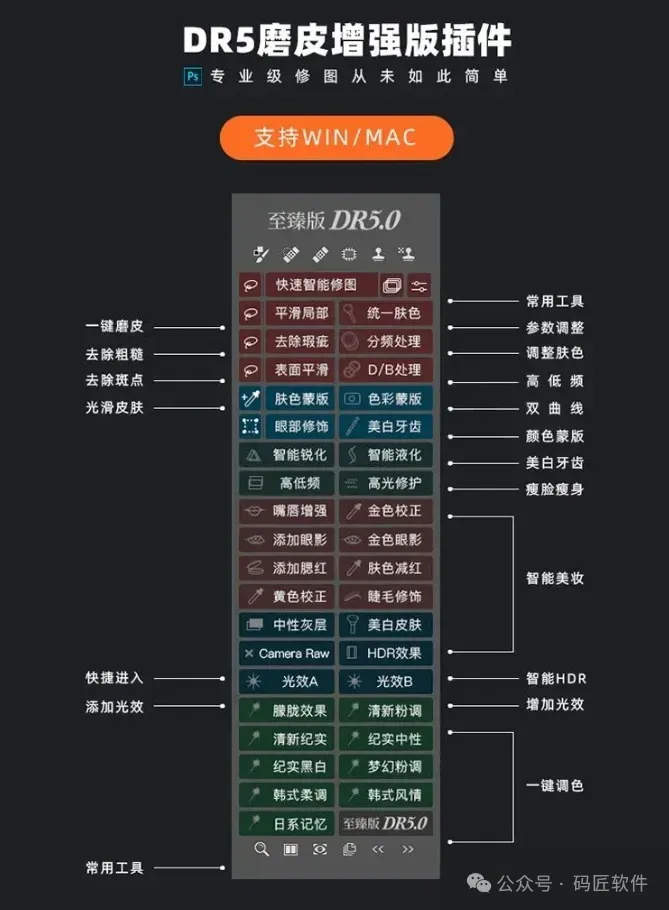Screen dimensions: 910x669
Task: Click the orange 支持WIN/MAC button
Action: tap(336, 138)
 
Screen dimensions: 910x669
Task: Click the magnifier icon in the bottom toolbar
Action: tap(262, 849)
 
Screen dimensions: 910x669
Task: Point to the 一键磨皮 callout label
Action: tap(114, 326)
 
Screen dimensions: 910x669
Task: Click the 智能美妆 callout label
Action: tap(555, 578)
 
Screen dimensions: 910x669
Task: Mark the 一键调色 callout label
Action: tap(555, 786)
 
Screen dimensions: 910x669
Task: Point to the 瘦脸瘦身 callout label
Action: tap(555, 489)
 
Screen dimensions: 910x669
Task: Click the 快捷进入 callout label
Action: tap(114, 678)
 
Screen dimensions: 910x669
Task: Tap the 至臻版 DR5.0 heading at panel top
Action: tap(335, 220)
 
